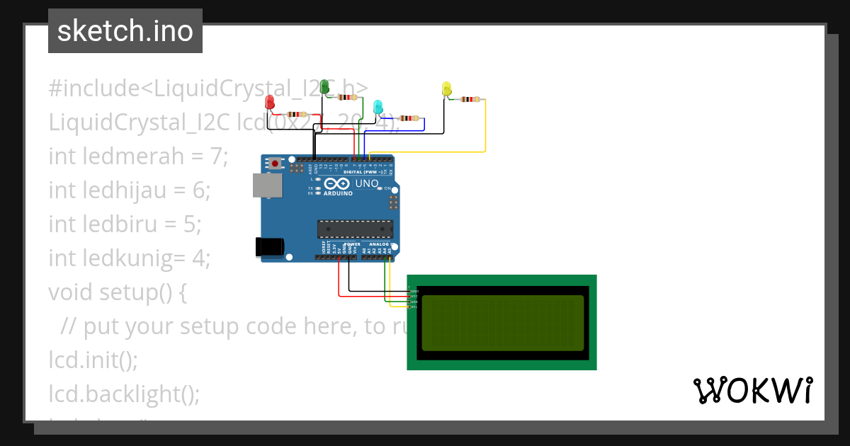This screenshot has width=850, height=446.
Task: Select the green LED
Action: [325, 87]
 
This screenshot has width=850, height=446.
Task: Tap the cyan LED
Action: [378, 108]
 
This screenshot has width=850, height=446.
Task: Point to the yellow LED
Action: [446, 89]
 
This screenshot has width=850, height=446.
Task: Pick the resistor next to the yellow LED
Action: [468, 100]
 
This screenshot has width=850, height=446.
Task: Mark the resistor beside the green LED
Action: [347, 98]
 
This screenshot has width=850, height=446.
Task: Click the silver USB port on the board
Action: [267, 185]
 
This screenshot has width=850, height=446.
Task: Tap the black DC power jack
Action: [269, 246]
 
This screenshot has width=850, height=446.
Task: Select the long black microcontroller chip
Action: [355, 229]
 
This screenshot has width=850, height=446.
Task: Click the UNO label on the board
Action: [366, 183]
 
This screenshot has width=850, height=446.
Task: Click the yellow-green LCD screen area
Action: [503, 323]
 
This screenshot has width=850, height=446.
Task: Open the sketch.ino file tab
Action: [125, 31]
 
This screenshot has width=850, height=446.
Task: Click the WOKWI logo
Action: [752, 390]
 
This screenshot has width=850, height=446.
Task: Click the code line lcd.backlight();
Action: [124, 394]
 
